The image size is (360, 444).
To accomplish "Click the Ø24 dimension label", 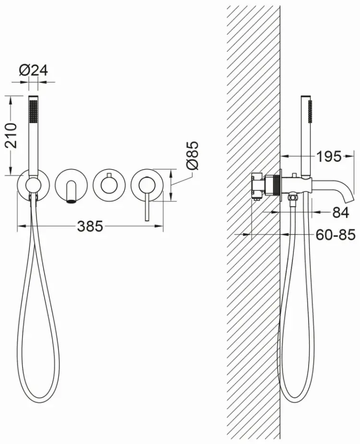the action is [x=34, y=70].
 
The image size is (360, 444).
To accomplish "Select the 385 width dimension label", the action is [x=90, y=226].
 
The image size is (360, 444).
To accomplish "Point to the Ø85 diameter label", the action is [x=193, y=156].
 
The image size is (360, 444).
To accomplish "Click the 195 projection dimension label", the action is [x=329, y=156].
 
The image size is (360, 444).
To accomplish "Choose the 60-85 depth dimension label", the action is [x=335, y=234].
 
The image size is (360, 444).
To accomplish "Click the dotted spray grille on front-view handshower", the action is [x=34, y=111].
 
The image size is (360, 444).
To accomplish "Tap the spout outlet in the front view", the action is [x=71, y=202].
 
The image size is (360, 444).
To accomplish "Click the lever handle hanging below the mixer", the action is [x=147, y=206].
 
